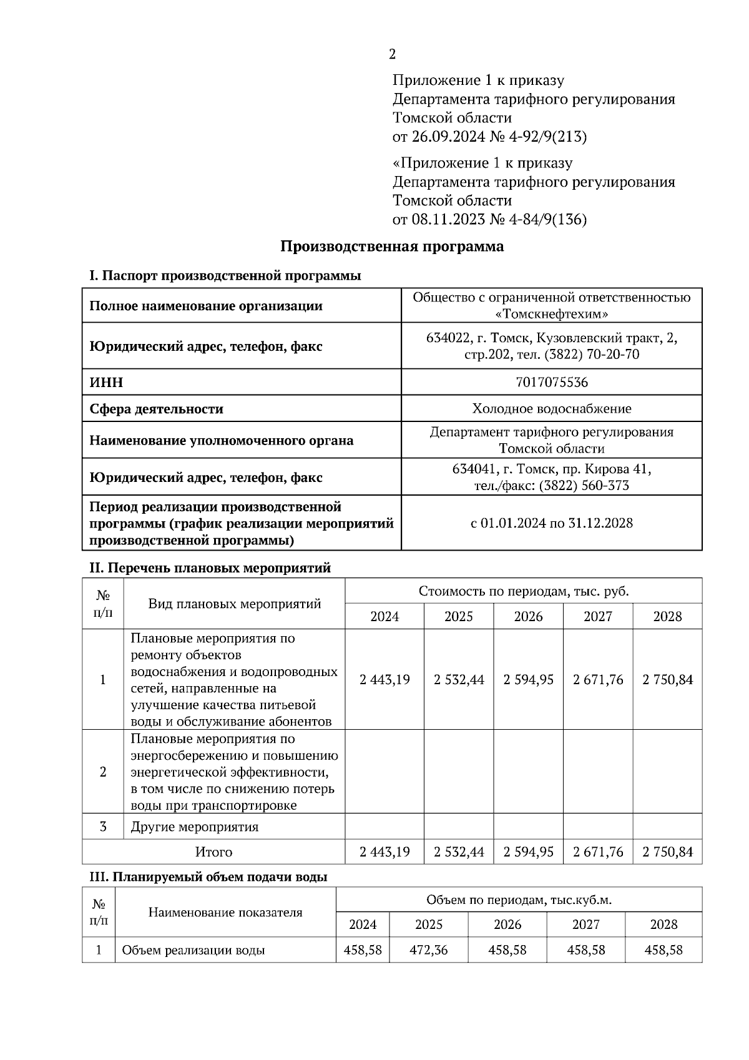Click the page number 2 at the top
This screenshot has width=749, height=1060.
392,54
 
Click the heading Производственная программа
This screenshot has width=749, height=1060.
391,247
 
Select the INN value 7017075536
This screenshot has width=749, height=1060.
552,382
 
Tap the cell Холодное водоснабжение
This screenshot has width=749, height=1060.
552,409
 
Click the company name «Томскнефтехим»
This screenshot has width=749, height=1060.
552,314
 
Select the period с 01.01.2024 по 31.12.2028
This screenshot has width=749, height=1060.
552,523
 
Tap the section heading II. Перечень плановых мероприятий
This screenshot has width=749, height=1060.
210,568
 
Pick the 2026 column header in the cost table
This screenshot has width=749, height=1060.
528,617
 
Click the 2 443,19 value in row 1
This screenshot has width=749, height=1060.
384,680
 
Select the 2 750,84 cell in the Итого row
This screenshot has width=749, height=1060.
667,852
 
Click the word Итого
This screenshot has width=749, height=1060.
213,852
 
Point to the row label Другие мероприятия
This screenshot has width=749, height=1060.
194,827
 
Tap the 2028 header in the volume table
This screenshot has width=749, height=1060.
663,925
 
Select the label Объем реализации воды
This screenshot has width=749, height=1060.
193,951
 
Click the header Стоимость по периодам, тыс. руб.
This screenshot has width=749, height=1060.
523,591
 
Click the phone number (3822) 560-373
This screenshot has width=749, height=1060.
583,486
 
